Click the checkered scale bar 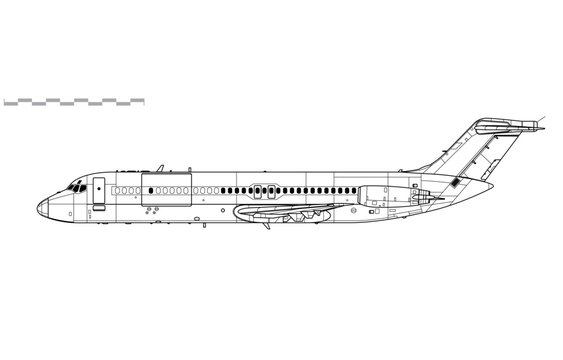coord(74,101)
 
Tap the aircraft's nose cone coord(42,206)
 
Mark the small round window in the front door coord(99,185)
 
